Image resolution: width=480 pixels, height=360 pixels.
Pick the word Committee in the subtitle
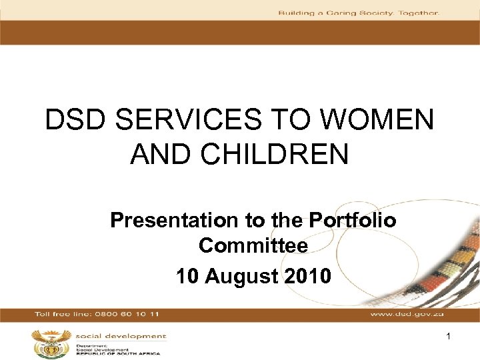pyautogui.click(x=253, y=246)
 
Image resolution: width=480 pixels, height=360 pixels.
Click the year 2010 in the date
pyautogui.click(x=304, y=275)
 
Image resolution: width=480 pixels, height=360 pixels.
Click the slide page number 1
pyautogui.click(x=449, y=338)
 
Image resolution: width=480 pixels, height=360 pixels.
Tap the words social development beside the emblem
pyautogui.click(x=121, y=337)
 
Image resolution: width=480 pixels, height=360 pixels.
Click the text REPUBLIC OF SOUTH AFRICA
pyautogui.click(x=119, y=354)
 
